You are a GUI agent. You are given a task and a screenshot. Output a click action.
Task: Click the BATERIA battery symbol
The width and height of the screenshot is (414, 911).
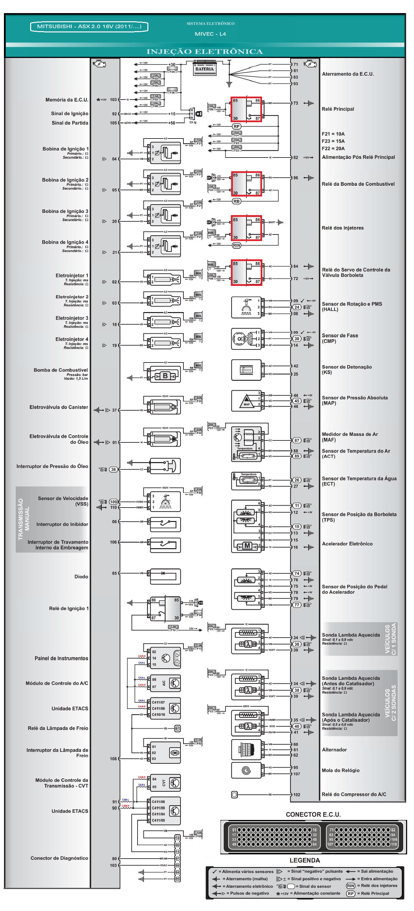click(x=204, y=67)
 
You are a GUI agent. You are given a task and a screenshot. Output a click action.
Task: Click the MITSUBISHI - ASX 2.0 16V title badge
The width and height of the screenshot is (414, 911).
click(x=89, y=27)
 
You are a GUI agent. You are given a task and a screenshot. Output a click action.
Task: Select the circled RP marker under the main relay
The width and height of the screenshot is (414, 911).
click(x=236, y=126)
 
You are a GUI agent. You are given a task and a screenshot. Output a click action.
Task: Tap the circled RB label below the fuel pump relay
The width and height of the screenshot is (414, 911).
click(x=236, y=201)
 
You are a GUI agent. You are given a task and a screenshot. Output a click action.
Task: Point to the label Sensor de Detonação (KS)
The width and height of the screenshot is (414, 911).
click(x=347, y=370)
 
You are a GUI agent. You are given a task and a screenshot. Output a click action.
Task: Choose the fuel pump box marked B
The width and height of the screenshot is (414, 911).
click(x=165, y=376)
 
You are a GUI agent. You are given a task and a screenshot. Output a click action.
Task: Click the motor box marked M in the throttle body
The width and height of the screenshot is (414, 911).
click(x=247, y=546)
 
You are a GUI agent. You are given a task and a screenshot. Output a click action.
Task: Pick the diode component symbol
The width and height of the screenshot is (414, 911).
click(x=163, y=573)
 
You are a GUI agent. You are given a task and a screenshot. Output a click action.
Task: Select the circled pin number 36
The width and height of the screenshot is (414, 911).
click(x=113, y=469)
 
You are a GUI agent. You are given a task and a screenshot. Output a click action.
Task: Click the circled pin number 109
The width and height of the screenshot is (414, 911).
click(x=113, y=502)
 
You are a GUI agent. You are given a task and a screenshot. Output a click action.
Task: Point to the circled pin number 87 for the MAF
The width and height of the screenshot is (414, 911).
click(x=296, y=440)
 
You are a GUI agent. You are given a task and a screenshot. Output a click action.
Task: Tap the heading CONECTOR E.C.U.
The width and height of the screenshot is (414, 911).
click(x=313, y=814)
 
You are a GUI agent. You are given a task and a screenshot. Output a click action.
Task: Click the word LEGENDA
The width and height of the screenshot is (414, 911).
click(x=305, y=861)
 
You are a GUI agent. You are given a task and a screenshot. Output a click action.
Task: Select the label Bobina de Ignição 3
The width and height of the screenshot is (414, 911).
click(x=65, y=211)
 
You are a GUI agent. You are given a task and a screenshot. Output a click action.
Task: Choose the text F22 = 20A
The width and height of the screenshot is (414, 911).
click(x=333, y=149)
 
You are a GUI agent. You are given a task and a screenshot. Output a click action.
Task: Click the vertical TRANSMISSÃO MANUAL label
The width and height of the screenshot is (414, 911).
click(x=24, y=519)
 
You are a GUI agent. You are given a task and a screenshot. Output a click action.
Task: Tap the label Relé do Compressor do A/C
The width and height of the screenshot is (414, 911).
click(x=354, y=794)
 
